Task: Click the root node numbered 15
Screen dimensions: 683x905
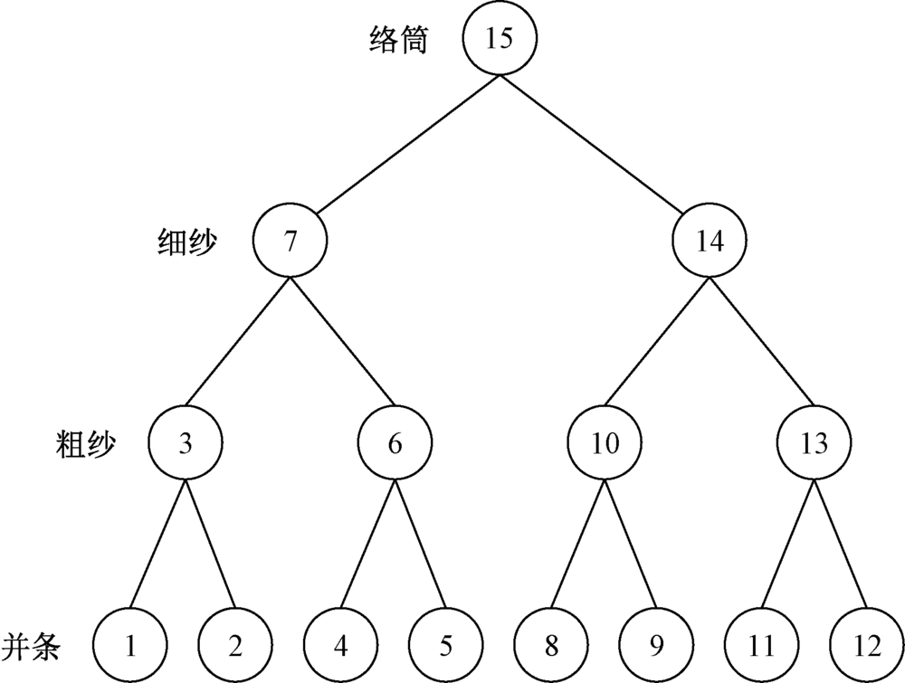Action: pyautogui.click(x=499, y=39)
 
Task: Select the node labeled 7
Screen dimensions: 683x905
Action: pyautogui.click(x=290, y=242)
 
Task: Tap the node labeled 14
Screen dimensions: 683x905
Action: pyautogui.click(x=710, y=242)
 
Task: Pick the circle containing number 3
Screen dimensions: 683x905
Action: pyautogui.click(x=185, y=443)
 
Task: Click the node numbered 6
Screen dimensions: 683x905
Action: pyautogui.click(x=395, y=443)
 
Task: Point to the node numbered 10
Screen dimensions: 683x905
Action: pyautogui.click(x=605, y=443)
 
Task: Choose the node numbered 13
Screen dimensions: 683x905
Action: pyautogui.click(x=814, y=443)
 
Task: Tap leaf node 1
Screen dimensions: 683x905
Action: pyautogui.click(x=131, y=646)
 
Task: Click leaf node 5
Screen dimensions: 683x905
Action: pyautogui.click(x=446, y=646)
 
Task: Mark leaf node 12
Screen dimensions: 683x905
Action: pyautogui.click(x=866, y=646)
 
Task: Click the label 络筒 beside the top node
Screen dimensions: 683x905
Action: pyautogui.click(x=399, y=40)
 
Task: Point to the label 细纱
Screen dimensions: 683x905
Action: pyautogui.click(x=188, y=242)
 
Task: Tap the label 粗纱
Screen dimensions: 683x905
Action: pyautogui.click(x=85, y=443)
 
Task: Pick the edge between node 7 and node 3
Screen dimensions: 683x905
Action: pyautogui.click(x=237, y=343)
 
